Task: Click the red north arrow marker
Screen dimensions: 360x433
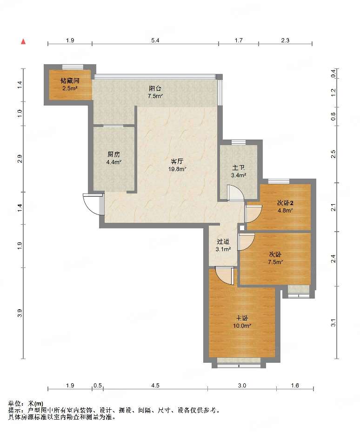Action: coord(24,42)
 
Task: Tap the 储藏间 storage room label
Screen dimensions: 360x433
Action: coord(70,80)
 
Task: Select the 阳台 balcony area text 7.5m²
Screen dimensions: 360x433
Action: coord(155,96)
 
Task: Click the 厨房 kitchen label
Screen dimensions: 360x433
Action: coord(114,154)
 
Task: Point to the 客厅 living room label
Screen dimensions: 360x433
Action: coord(177,161)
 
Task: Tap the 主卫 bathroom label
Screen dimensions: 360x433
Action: coord(239,167)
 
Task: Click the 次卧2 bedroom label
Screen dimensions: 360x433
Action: coord(285,203)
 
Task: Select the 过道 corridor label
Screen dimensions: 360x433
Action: coord(223,242)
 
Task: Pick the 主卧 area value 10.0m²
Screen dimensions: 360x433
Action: coord(242,326)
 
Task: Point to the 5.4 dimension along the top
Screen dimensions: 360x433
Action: coord(155,40)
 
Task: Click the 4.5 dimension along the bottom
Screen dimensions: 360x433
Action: coord(155,385)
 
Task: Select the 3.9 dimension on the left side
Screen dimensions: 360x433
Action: coord(20,313)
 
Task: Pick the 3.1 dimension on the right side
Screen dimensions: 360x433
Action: coord(333,323)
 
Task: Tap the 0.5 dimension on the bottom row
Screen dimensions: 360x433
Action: coord(98,385)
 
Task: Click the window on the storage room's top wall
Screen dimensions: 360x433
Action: coord(73,67)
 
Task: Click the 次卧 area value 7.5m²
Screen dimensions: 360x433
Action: coord(275,262)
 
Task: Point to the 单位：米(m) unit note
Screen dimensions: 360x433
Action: coord(26,403)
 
